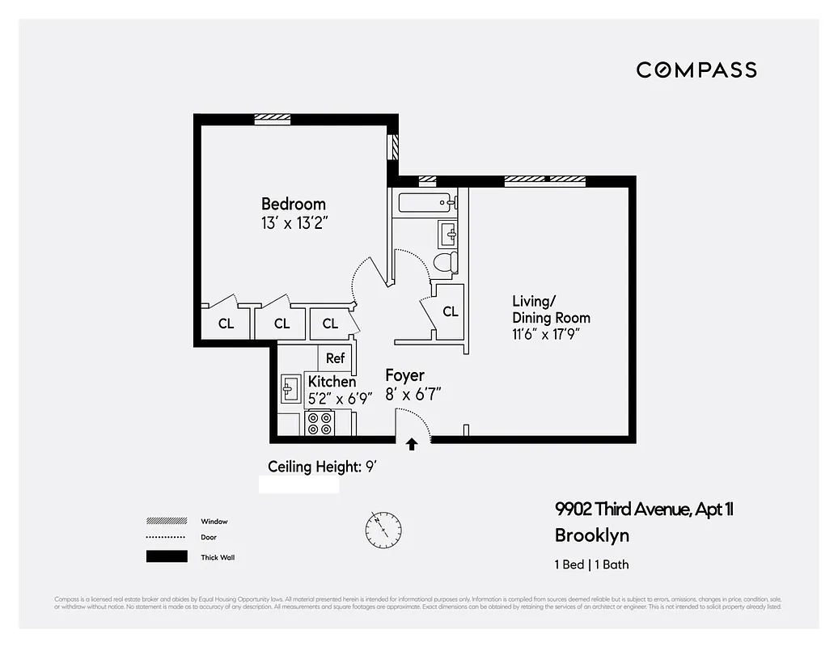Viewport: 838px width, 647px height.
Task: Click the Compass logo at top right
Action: (x=696, y=70)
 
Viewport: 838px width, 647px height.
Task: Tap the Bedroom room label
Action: (x=293, y=204)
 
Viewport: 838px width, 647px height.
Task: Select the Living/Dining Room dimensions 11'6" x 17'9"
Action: (x=546, y=332)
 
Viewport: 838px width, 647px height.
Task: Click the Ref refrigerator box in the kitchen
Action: (x=335, y=358)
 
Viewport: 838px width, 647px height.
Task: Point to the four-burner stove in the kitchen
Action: (x=320, y=424)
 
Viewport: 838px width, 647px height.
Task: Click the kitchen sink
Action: (x=290, y=389)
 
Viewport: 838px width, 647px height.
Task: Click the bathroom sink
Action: (x=448, y=235)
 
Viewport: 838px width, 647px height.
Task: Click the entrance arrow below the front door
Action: (x=412, y=443)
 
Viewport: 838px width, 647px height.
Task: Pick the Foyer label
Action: (x=404, y=375)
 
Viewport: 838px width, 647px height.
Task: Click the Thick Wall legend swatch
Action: (x=166, y=556)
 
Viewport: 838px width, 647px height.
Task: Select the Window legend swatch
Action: (x=166, y=522)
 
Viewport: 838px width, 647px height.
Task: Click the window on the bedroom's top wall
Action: (x=272, y=118)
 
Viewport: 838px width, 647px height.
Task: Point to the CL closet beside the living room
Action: (x=450, y=311)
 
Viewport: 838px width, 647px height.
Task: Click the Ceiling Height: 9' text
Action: (x=323, y=467)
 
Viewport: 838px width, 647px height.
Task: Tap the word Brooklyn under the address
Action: (x=591, y=535)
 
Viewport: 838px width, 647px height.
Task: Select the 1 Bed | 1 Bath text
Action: (x=591, y=565)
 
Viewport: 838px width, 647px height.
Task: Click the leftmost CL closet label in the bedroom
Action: (x=226, y=324)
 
